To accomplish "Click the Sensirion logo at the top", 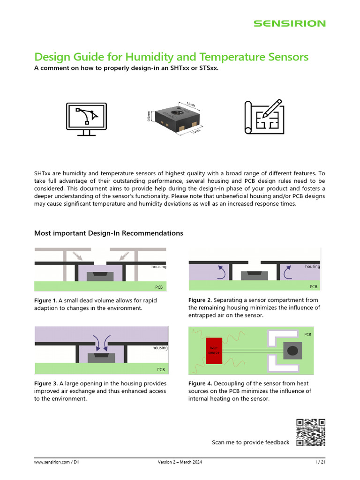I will click(289, 23).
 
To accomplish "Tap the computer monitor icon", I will click(86, 118).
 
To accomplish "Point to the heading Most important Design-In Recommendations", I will click(109, 233).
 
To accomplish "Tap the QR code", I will click(310, 433).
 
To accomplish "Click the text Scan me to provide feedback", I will click(250, 442).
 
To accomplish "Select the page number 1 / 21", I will click(320, 463).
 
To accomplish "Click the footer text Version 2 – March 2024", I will click(180, 463).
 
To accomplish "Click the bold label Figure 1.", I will click(45, 300).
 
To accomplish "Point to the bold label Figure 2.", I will click(199, 300).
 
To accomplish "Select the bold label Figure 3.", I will click(45, 383).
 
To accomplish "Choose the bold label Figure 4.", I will click(199, 383).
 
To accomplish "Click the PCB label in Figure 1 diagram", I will click(159, 287).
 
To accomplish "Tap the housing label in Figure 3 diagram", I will click(160, 348).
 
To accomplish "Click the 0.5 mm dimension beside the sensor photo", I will click(149, 116).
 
